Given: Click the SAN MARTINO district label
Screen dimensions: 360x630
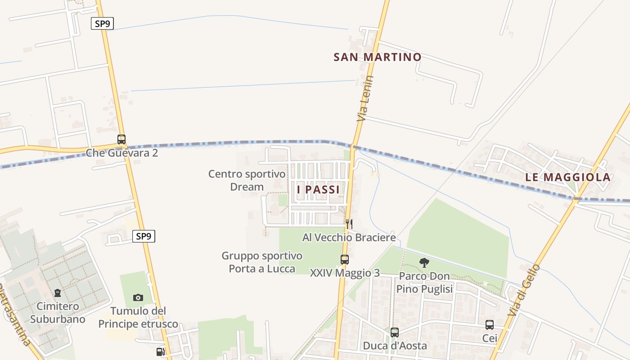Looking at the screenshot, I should pos(377,57).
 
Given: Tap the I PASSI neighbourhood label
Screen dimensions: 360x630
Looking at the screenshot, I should pos(318,189).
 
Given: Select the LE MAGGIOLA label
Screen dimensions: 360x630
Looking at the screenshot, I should pos(568,177).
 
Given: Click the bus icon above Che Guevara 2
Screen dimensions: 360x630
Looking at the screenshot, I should pos(121,139).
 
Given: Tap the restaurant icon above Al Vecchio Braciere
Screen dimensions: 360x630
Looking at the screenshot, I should pos(349,224).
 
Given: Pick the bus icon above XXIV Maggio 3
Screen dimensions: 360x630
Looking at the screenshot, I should pos(345,260).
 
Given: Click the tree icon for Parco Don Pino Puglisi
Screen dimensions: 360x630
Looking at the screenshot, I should pos(424,263).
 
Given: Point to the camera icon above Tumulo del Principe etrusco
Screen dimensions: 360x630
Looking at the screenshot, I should pos(138,297).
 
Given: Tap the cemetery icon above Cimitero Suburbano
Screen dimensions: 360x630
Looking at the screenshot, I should pos(58,293).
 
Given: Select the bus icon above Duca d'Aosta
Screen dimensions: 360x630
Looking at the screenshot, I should pos(394,333).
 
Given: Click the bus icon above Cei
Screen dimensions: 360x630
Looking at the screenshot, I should pos(490,325).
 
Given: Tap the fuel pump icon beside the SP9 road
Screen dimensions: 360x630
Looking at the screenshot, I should pos(160,352).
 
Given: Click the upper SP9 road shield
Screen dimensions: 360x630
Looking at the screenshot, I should pos(102,23).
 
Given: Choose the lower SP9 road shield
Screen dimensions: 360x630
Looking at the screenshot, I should pos(144,236).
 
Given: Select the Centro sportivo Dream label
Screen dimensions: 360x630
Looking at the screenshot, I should pos(247,180).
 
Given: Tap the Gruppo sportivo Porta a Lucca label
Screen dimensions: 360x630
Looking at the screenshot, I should pos(262,262).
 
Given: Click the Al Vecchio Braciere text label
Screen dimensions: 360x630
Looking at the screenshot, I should pos(349,237).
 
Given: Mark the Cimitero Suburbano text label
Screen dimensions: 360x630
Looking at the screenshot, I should pos(58,313).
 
